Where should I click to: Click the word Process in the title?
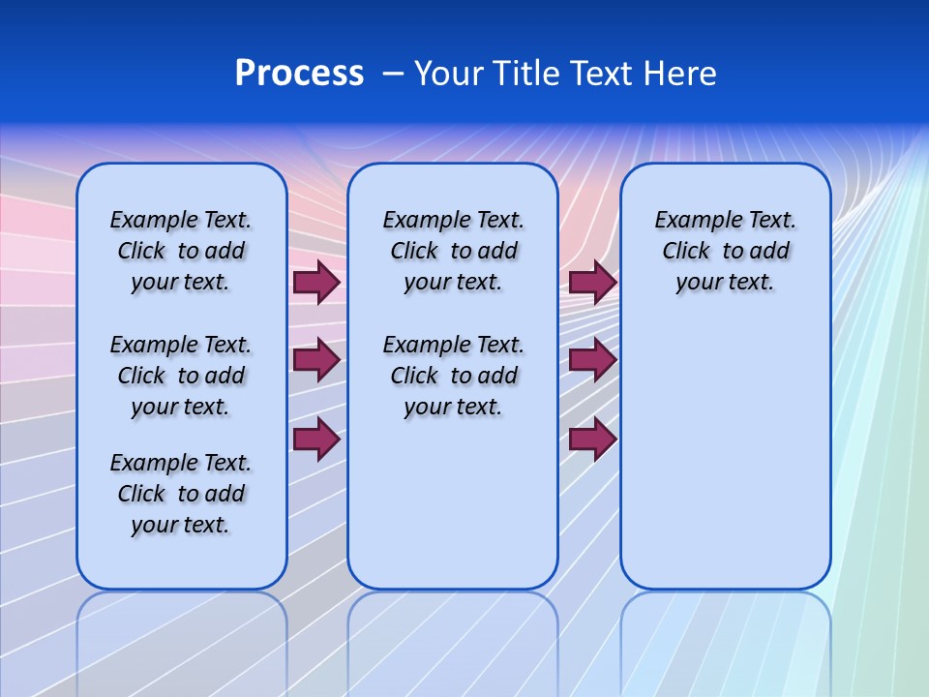299,74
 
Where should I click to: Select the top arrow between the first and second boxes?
315,283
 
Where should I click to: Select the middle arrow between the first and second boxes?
315,361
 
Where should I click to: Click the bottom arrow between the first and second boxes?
315,439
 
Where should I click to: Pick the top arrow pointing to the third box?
592,283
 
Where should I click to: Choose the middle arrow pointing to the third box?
592,361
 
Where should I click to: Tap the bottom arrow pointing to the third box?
592,439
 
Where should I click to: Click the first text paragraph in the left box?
181,251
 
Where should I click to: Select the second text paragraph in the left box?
181,376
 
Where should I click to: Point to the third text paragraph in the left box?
181,494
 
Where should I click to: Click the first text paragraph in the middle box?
453,251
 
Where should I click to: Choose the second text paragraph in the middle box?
453,376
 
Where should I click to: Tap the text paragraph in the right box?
725,251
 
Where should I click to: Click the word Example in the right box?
690,221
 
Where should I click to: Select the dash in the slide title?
393,74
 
